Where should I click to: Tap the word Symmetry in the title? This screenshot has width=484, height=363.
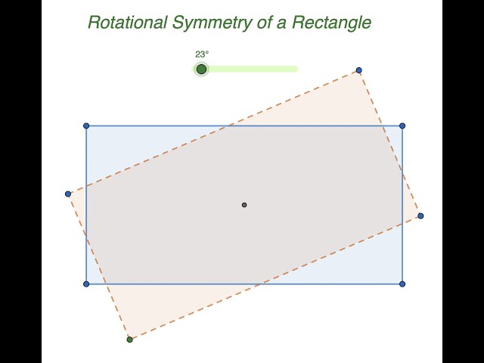tap(208, 22)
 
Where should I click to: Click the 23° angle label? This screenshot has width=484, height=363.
tap(202, 54)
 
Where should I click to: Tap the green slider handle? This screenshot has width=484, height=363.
tap(201, 70)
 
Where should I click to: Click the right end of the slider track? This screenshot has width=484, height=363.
tap(295, 69)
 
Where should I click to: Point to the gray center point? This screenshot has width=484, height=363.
tap(244, 205)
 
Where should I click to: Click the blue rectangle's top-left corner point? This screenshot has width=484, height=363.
tap(86, 126)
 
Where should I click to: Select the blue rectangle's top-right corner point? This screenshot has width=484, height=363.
tap(402, 126)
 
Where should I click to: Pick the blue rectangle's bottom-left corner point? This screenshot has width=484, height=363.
tap(86, 284)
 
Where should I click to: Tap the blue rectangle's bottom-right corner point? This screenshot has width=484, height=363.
tap(402, 284)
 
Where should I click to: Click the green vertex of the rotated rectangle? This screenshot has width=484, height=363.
tap(130, 340)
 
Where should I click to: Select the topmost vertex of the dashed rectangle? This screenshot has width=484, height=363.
tap(358, 70)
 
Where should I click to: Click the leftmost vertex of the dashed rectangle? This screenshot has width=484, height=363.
tap(68, 194)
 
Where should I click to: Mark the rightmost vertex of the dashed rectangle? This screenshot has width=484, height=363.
tap(420, 216)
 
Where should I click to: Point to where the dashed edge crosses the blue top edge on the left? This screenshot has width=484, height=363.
tap(228, 126)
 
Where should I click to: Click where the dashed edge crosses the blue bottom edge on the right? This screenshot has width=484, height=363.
tap(260, 284)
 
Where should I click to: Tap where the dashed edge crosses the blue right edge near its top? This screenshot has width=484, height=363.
tap(402, 173)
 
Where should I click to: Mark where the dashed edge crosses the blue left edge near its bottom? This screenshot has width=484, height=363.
tap(86, 237)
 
